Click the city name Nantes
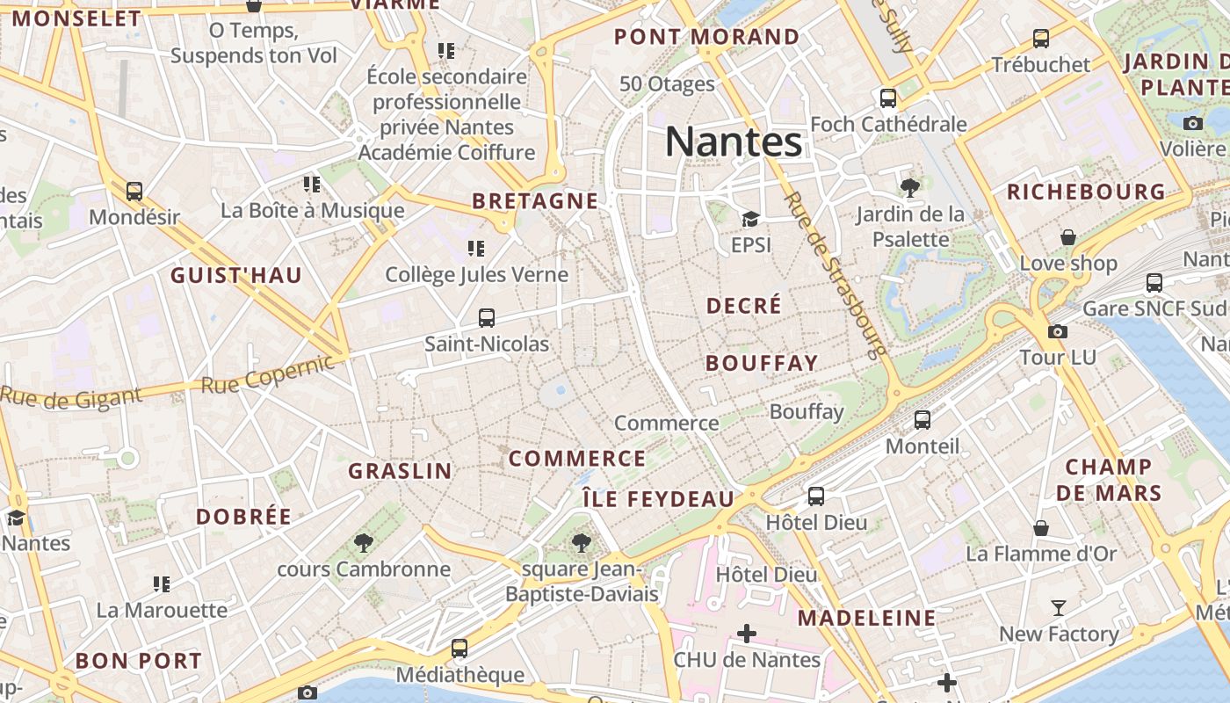pyautogui.click(x=734, y=141)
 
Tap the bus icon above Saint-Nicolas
pyautogui.click(x=487, y=318)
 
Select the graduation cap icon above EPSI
pyautogui.click(x=750, y=219)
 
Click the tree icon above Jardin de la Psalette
pyautogui.click(x=910, y=186)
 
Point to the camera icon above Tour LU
pyautogui.click(x=1058, y=331)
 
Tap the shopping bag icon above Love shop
pyautogui.click(x=1068, y=237)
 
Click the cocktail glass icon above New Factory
pyautogui.click(x=1059, y=608)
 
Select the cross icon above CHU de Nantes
pyautogui.click(x=747, y=633)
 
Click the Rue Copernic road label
pyautogui.click(x=268, y=375)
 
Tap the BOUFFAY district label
pyautogui.click(x=762, y=363)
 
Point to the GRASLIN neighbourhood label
pyautogui.click(x=401, y=471)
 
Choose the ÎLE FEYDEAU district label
pyautogui.click(x=658, y=499)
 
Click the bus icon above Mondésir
pyautogui.click(x=134, y=191)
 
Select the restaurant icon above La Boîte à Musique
pyautogui.click(x=312, y=185)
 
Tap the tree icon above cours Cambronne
pyautogui.click(x=363, y=543)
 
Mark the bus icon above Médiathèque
pyautogui.click(x=459, y=649)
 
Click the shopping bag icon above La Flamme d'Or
pyautogui.click(x=1041, y=528)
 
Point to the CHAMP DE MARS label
pyautogui.click(x=1109, y=480)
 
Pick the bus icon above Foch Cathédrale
pyautogui.click(x=888, y=98)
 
